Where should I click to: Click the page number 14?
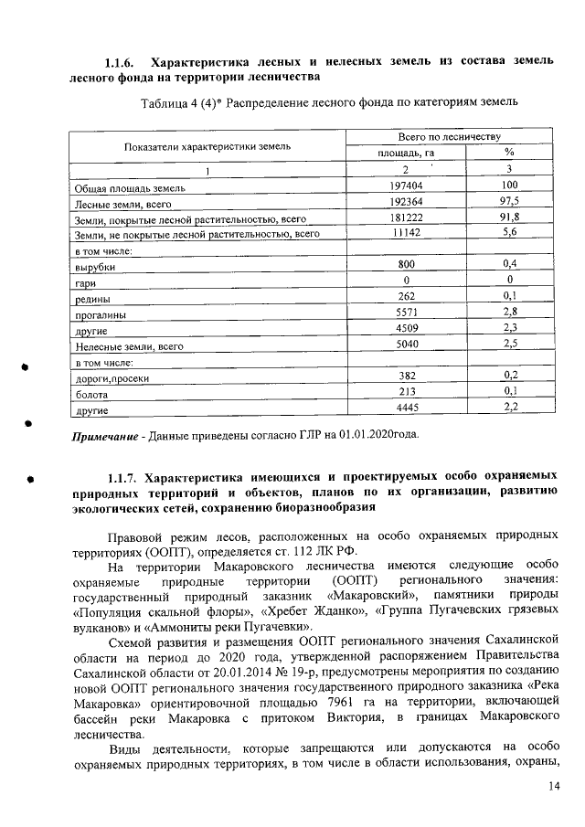point(554,786)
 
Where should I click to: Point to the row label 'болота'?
point(92,394)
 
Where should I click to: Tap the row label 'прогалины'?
point(100,314)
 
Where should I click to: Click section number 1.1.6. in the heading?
point(120,62)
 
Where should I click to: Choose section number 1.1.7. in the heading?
point(123,477)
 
